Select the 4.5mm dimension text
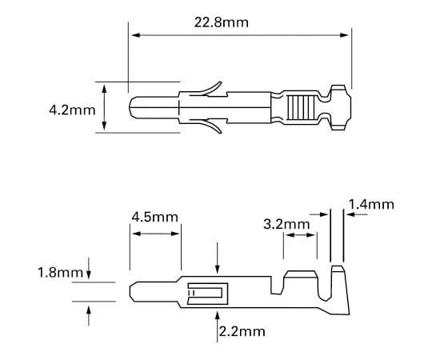click(155, 218)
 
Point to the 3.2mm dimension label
click(286, 225)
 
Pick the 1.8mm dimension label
click(61, 273)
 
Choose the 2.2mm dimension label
click(242, 330)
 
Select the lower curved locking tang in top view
click(210, 126)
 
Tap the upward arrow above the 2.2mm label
click(218, 318)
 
